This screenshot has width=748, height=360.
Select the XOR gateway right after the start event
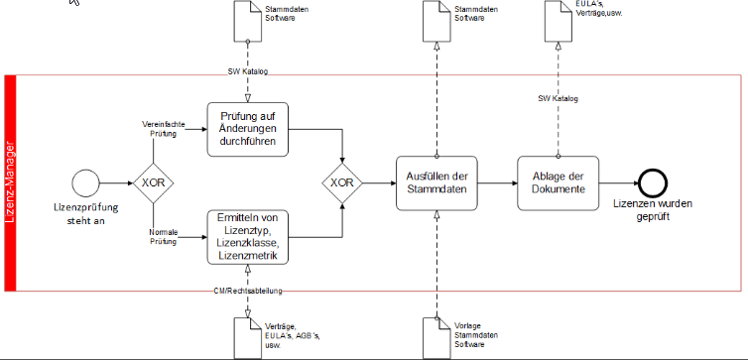153,183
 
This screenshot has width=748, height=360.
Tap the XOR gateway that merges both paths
342,183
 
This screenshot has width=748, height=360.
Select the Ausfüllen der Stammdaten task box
436,182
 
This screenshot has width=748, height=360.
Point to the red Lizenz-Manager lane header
11,183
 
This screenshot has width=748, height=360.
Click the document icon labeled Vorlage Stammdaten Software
436,337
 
